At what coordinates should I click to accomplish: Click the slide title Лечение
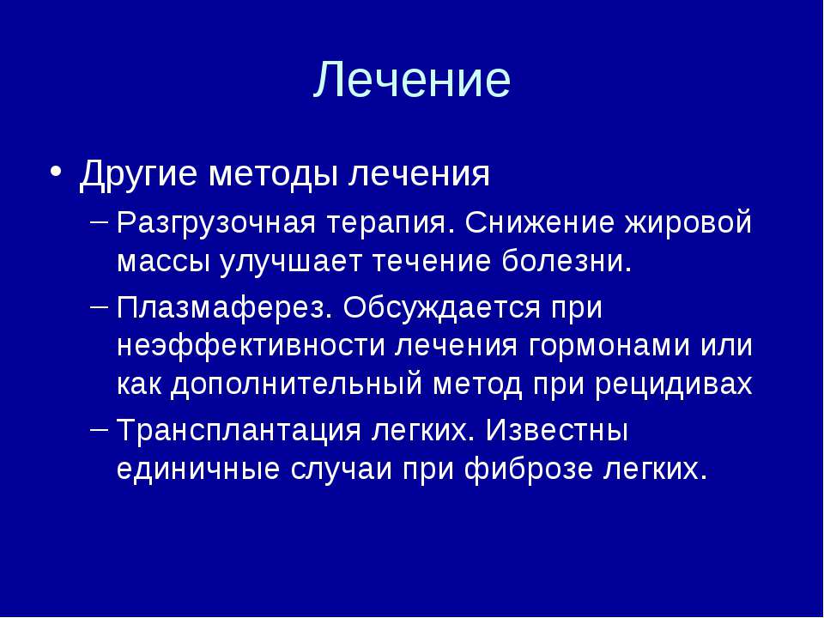click(412, 79)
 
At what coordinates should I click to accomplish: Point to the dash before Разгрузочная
click(100, 221)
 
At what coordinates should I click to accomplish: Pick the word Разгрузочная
click(216, 223)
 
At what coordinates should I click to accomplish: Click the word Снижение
click(540, 222)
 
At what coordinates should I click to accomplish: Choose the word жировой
click(689, 223)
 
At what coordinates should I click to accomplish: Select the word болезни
click(566, 261)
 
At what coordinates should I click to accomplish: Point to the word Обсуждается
click(441, 308)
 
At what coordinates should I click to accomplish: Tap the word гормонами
click(609, 347)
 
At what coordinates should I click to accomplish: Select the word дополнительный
click(296, 385)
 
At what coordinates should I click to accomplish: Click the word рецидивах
click(675, 385)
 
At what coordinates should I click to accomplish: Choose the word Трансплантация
click(239, 431)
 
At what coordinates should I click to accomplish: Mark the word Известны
click(557, 430)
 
